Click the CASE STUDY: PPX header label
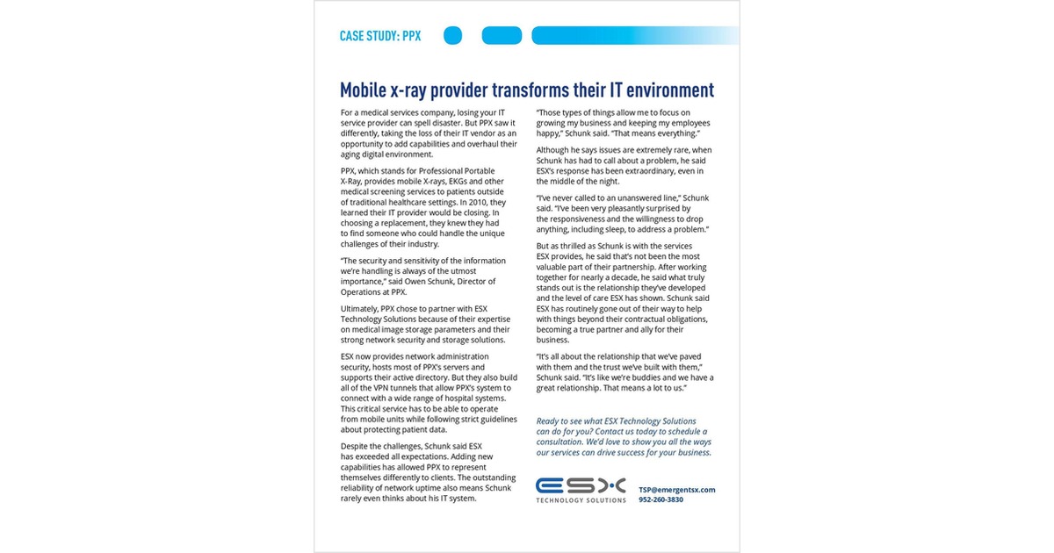(x=379, y=36)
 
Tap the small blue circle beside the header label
(x=452, y=36)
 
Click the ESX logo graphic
(x=581, y=485)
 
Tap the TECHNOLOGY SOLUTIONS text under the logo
(x=581, y=500)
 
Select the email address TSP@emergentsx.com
(x=676, y=490)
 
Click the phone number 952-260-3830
(x=661, y=500)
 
